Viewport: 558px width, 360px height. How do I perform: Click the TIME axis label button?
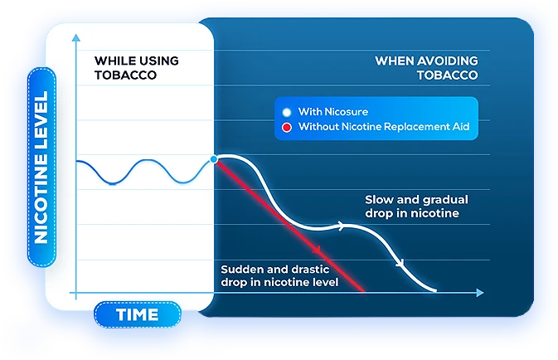point(137,315)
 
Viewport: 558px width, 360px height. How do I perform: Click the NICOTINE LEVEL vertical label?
point(41,167)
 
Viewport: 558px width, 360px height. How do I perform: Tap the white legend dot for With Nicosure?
point(286,112)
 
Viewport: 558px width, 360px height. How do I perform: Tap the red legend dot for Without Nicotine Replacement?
point(286,128)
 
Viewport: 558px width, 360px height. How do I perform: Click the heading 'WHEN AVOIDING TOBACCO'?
point(426,67)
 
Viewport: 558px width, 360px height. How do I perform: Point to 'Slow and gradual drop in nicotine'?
point(416,207)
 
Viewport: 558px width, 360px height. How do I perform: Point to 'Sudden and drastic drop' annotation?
point(279,275)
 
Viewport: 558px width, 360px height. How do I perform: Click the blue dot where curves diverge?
point(215,158)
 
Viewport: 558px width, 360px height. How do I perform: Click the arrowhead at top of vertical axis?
point(76,36)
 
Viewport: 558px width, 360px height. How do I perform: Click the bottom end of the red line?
point(363,290)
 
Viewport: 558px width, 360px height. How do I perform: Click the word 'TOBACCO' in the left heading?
point(125,75)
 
